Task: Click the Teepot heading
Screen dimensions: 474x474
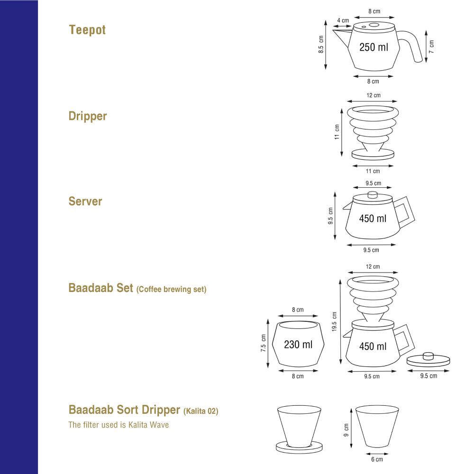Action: click(x=87, y=30)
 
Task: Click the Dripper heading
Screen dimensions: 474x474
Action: click(x=88, y=117)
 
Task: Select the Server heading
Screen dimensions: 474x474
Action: click(x=85, y=201)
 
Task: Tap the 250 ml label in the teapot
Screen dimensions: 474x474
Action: click(x=374, y=47)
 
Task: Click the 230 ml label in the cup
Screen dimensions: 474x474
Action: click(x=298, y=345)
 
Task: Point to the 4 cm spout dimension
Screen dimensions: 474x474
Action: click(x=343, y=21)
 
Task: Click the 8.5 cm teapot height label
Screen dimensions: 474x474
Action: click(x=321, y=45)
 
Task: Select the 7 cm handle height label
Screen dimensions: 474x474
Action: click(x=431, y=46)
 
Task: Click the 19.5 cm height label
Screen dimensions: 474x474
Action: click(x=334, y=322)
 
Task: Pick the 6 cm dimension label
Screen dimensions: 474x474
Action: click(x=377, y=459)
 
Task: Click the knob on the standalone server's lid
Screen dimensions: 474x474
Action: click(x=373, y=194)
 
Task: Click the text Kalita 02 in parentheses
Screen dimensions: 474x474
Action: click(x=201, y=411)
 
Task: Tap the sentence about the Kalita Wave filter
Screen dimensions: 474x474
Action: click(x=118, y=425)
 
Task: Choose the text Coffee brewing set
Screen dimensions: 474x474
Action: click(x=171, y=290)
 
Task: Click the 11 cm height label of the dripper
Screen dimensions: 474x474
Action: click(x=337, y=132)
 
